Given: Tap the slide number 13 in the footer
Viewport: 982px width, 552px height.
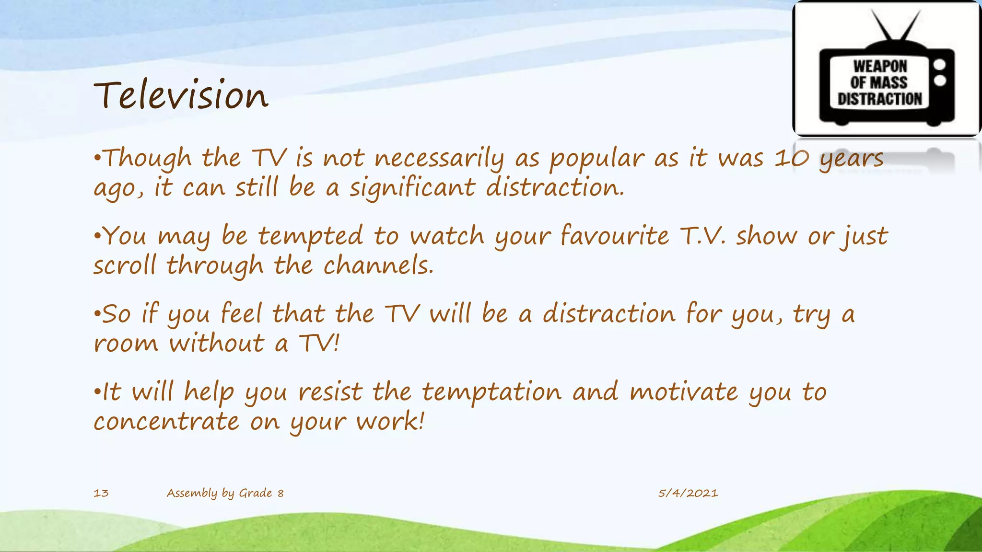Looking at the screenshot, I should (101, 493).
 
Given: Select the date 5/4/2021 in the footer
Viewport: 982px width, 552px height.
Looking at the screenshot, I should (688, 493).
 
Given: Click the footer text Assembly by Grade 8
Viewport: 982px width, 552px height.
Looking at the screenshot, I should (225, 493).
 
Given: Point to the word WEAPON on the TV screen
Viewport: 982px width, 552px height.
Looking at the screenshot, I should (880, 66).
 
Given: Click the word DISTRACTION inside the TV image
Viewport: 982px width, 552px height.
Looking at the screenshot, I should (879, 99).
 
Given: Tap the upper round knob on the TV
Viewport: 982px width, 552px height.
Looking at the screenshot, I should (940, 64).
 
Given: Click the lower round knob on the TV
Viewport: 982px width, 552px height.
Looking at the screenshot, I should (940, 80).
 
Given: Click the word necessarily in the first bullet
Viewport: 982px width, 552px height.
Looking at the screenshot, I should (439, 158).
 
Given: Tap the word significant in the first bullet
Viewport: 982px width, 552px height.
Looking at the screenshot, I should (411, 188).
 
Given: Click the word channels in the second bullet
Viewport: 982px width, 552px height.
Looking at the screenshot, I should (378, 265).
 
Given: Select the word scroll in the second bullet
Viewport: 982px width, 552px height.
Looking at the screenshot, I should (125, 265).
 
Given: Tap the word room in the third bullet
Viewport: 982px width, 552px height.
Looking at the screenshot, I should (126, 344).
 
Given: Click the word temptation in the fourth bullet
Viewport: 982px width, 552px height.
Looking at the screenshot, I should (491, 392).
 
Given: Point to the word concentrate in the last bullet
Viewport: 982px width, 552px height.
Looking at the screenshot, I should (166, 422).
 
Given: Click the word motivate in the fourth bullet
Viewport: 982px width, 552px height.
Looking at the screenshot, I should (684, 392).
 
